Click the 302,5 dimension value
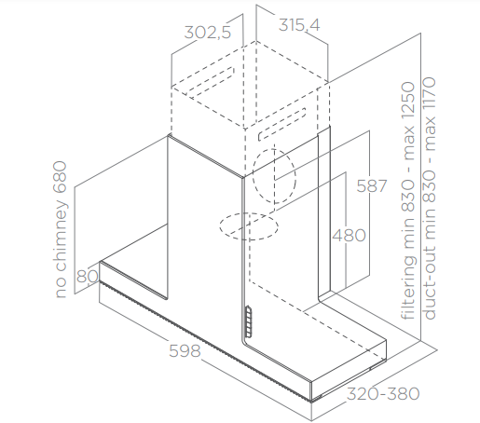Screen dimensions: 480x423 tap(208, 33)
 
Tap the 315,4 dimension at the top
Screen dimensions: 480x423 tap(299, 25)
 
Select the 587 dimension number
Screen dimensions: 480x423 tap(372, 186)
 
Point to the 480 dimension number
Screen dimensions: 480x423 tap(349, 235)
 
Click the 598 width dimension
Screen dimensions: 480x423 tap(185, 350)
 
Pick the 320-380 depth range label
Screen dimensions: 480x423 tap(383, 394)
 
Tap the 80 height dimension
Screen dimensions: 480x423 tap(88, 276)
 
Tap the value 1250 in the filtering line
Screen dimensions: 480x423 tap(408, 101)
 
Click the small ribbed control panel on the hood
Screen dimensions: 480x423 tap(249, 321)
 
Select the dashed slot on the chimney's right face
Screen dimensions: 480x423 tap(281, 125)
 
